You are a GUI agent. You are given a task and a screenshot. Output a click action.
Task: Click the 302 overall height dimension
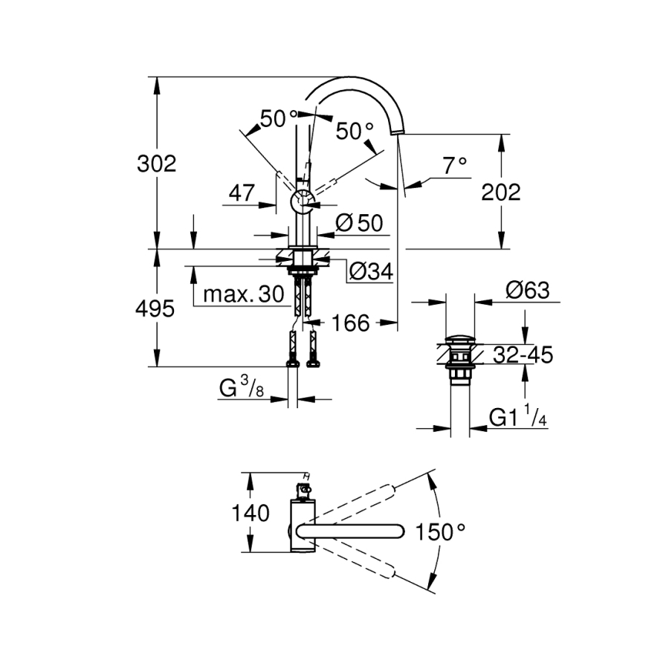point(156,164)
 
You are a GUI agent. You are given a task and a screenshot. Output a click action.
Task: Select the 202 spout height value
point(501,193)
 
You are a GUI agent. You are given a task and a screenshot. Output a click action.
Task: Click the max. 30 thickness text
point(243,295)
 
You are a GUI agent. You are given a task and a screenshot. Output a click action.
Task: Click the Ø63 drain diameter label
point(527,291)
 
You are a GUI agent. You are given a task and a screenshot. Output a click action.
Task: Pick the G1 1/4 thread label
point(518,417)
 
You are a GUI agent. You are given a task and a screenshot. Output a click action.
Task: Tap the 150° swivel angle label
point(442,531)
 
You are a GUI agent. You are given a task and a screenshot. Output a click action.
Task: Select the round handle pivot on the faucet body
point(301,199)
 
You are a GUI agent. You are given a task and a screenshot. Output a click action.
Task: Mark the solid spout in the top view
point(349,531)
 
